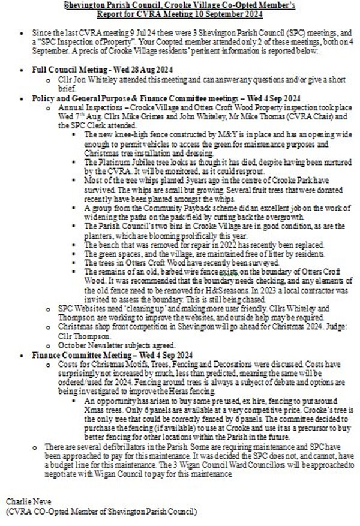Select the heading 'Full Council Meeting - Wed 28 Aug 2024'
tap(86, 71)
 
